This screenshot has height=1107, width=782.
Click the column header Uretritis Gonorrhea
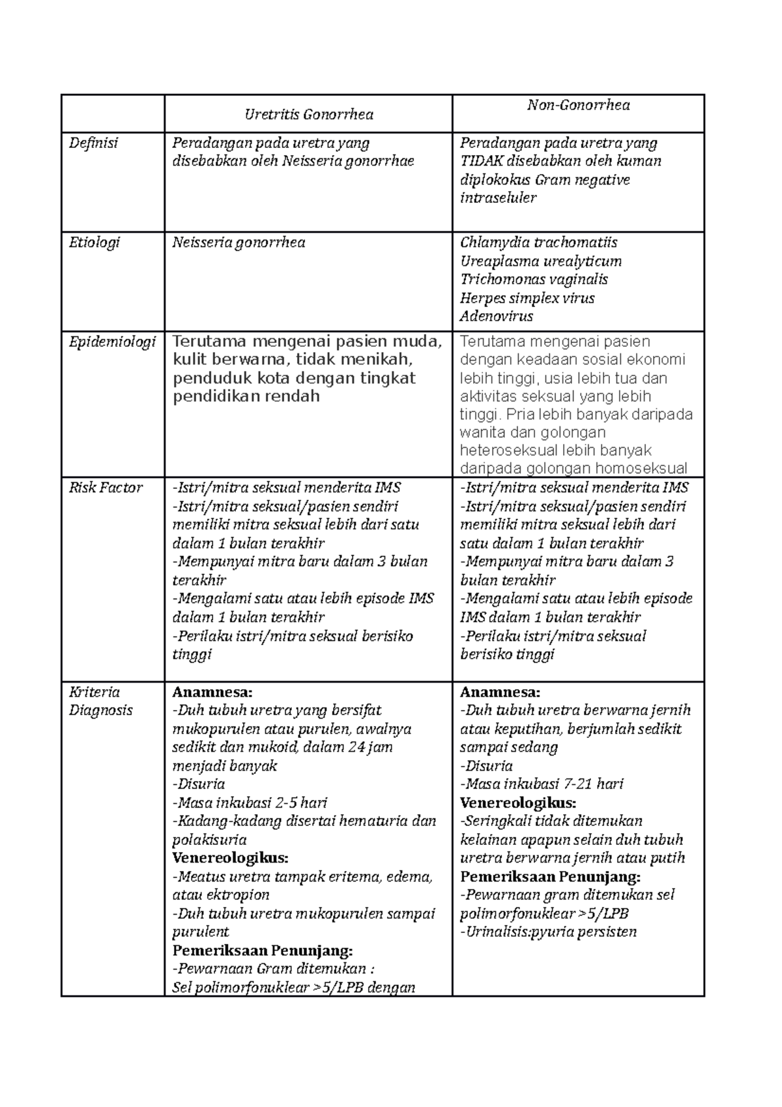(x=308, y=115)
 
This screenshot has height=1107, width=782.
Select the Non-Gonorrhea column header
(x=578, y=105)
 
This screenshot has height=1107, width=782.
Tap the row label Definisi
(x=94, y=143)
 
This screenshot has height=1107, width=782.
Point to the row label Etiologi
(x=95, y=243)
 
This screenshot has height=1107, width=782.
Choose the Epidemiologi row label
(x=112, y=342)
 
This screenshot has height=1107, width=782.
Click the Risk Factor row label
(x=106, y=488)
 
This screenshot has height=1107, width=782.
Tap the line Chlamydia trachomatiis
(x=538, y=243)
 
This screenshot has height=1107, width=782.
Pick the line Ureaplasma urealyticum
(x=540, y=261)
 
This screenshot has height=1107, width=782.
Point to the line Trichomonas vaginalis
(x=534, y=280)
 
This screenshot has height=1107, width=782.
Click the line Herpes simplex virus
(x=527, y=299)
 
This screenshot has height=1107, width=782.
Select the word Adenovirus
(x=496, y=317)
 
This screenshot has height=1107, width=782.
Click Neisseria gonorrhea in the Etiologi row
(x=239, y=243)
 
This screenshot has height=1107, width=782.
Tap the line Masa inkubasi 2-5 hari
(x=250, y=803)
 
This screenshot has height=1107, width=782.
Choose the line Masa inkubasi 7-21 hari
(x=542, y=784)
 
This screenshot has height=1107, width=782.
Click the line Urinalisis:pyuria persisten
(x=548, y=932)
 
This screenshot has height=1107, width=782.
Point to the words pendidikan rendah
(x=246, y=396)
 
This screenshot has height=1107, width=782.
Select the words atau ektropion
(x=221, y=895)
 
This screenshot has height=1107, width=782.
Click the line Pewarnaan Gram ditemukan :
(x=273, y=969)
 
